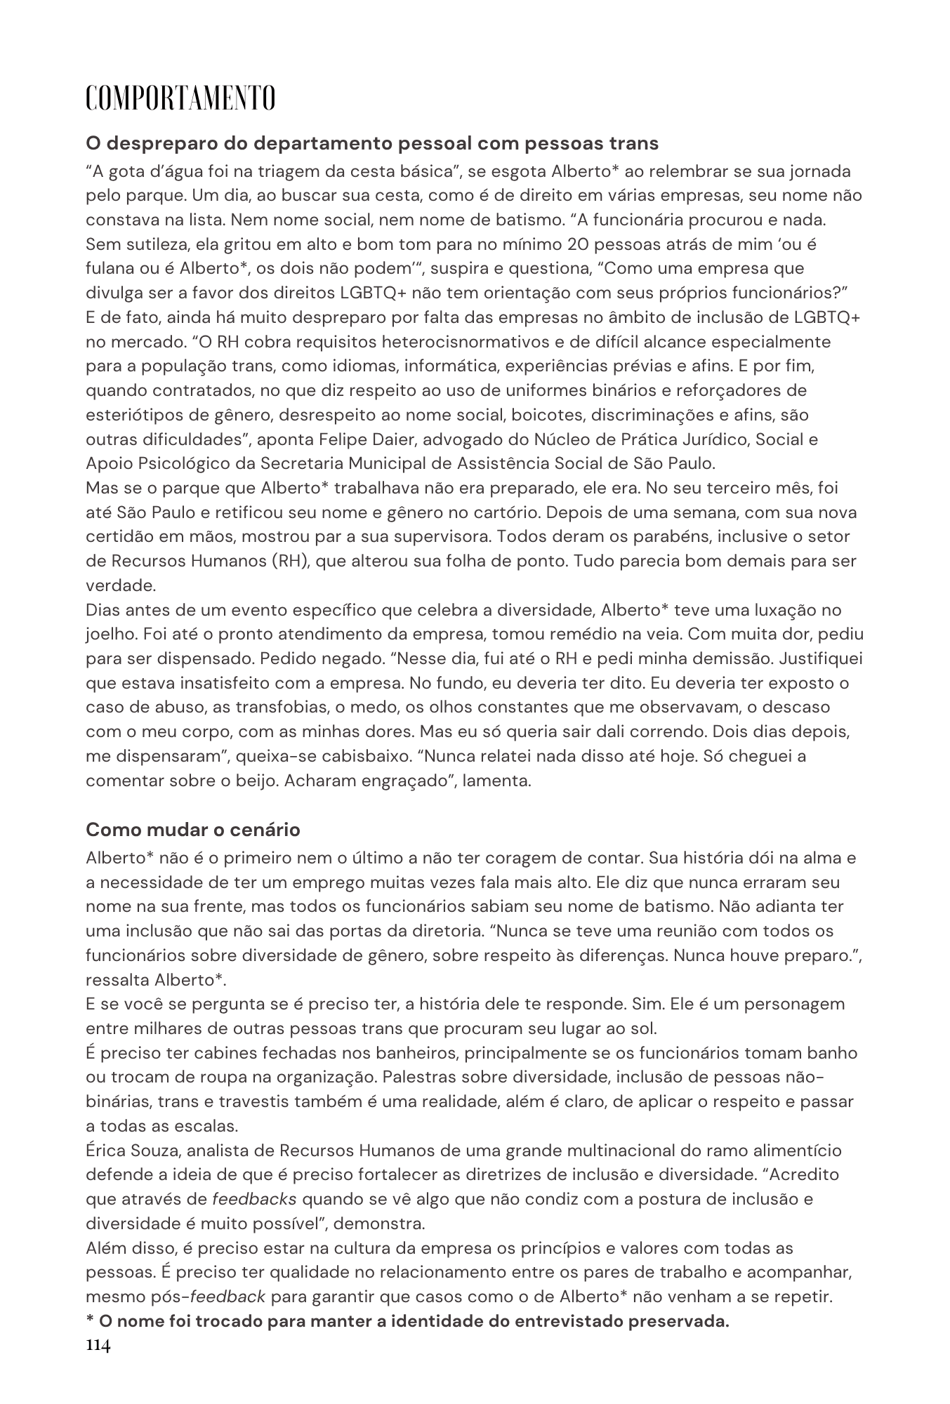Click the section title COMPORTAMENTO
coord(180,98)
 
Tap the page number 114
coord(98,1345)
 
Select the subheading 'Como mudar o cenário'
coord(193,830)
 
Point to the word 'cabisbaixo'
coord(356,756)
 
